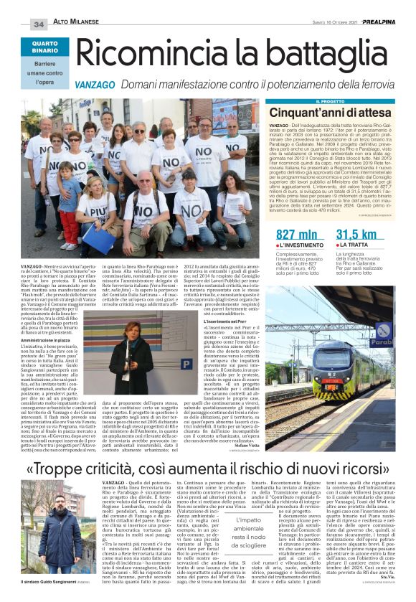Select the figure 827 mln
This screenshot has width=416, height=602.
pyautogui.click(x=297, y=235)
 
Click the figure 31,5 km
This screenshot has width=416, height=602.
pyautogui.click(x=356, y=235)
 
